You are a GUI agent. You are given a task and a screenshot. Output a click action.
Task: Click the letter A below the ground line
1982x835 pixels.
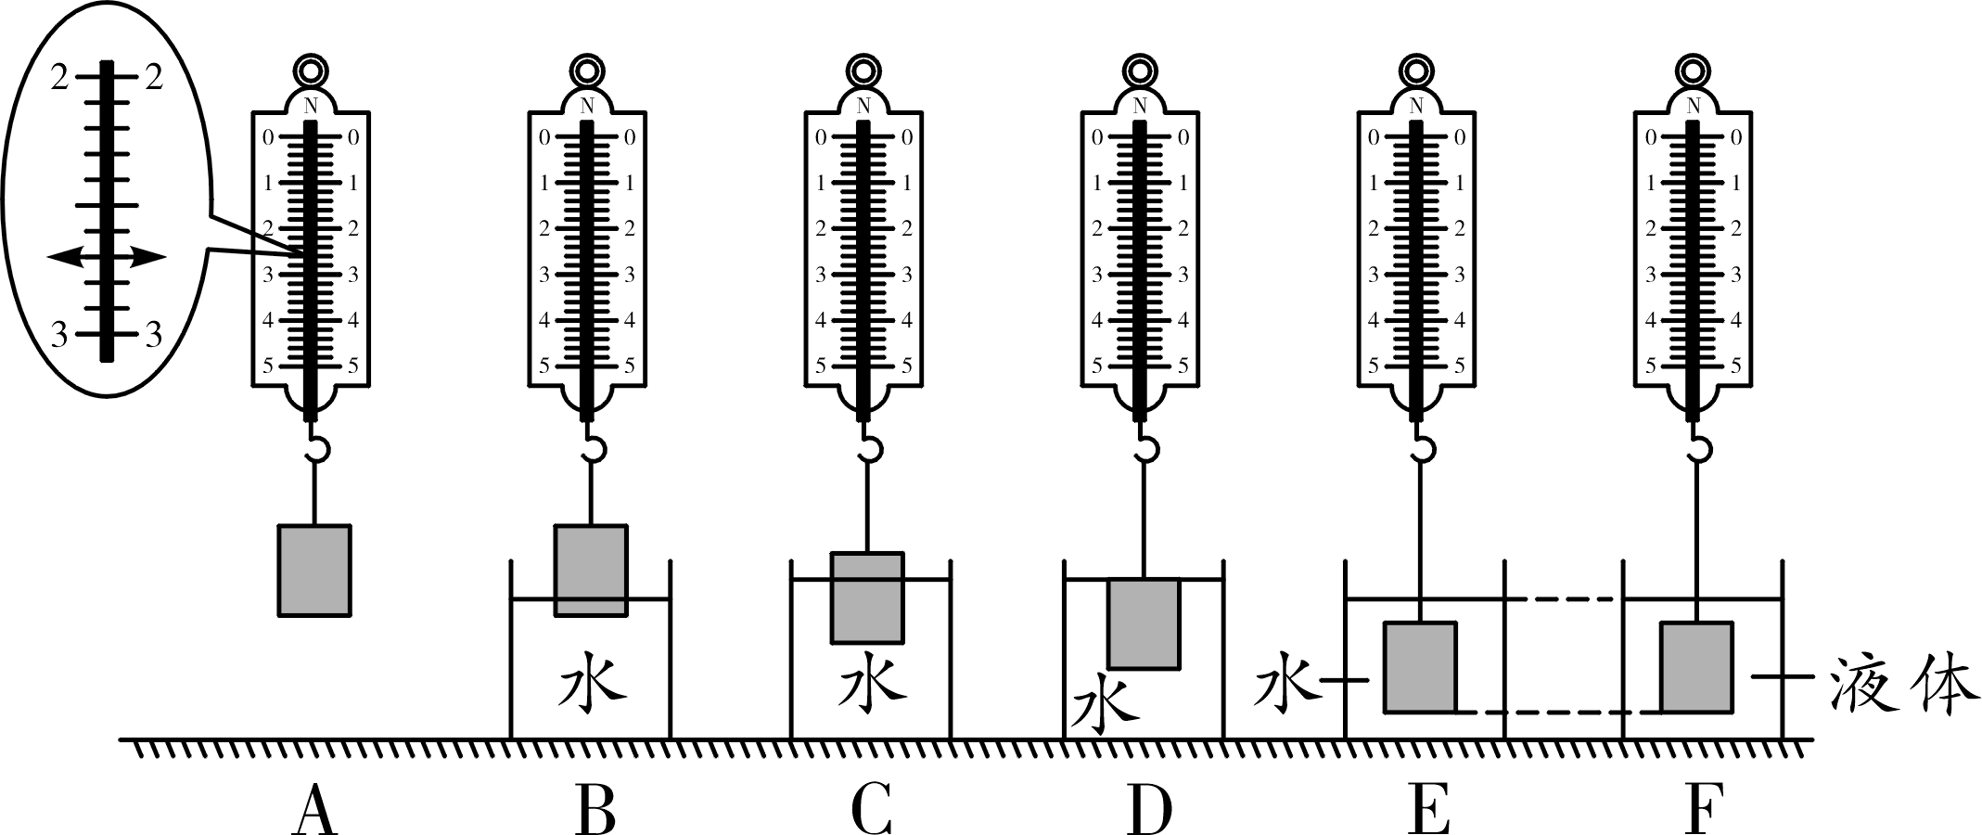click(x=314, y=810)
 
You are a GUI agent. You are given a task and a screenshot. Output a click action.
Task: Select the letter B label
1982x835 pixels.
click(x=595, y=810)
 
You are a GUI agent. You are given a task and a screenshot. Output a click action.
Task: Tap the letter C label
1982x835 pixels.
click(x=871, y=810)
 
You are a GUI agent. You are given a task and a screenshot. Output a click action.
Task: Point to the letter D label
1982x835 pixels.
click(x=1150, y=810)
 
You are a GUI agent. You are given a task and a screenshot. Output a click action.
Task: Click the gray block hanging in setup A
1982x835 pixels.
click(x=314, y=570)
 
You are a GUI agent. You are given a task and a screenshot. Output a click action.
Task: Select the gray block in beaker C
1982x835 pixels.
click(x=866, y=597)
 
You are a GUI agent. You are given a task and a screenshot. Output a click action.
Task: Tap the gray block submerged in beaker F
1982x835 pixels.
click(x=1696, y=667)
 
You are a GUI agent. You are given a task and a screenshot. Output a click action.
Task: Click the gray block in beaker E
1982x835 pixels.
click(x=1420, y=667)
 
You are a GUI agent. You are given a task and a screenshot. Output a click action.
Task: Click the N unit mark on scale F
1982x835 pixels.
click(x=1694, y=104)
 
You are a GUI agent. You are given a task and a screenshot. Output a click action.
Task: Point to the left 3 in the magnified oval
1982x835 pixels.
click(x=58, y=333)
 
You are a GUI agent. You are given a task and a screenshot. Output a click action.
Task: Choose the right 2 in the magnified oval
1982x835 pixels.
click(x=153, y=76)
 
